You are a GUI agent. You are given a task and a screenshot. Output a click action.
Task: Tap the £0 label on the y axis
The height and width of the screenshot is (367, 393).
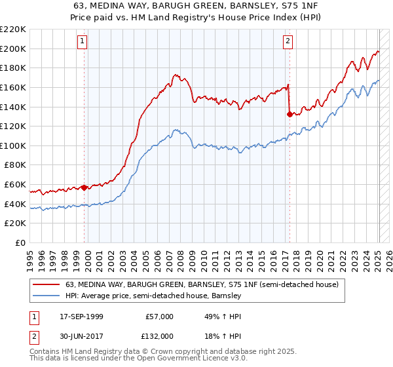pos(20,242)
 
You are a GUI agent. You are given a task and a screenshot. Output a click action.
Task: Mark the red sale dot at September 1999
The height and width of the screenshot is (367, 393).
pos(84,187)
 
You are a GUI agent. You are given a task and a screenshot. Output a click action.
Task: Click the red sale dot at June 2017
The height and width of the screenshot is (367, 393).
pos(290,114)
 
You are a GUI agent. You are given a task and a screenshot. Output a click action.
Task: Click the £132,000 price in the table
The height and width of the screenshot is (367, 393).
pos(159,336)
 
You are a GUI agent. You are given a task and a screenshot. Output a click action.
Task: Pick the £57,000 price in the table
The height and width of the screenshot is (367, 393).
pos(159,316)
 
